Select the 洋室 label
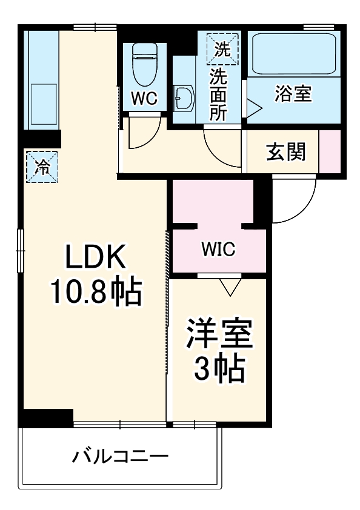point(219,335)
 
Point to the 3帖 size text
point(219,368)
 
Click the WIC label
point(219,249)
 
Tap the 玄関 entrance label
point(285,152)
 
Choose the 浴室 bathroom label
point(293,94)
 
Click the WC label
point(144,99)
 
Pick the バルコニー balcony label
point(121,456)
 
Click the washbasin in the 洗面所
point(184,97)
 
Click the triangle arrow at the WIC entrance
point(230,286)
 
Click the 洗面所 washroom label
point(218,94)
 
